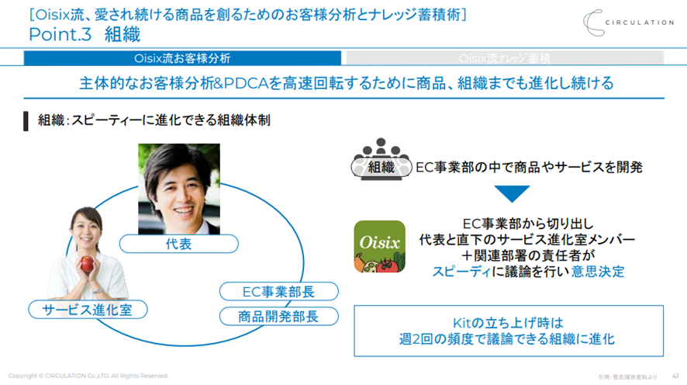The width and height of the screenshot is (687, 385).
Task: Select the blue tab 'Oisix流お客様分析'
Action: pyautogui.click(x=183, y=58)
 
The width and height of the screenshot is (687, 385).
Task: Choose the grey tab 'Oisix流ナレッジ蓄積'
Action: pyautogui.click(x=505, y=58)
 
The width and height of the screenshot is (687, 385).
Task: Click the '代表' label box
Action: pyautogui.click(x=178, y=245)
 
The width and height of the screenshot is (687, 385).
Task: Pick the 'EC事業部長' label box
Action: pyautogui.click(x=278, y=292)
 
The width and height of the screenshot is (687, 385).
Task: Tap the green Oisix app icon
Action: pyautogui.click(x=380, y=247)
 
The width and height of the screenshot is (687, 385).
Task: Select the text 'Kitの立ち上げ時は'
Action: pyautogui.click(x=509, y=322)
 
